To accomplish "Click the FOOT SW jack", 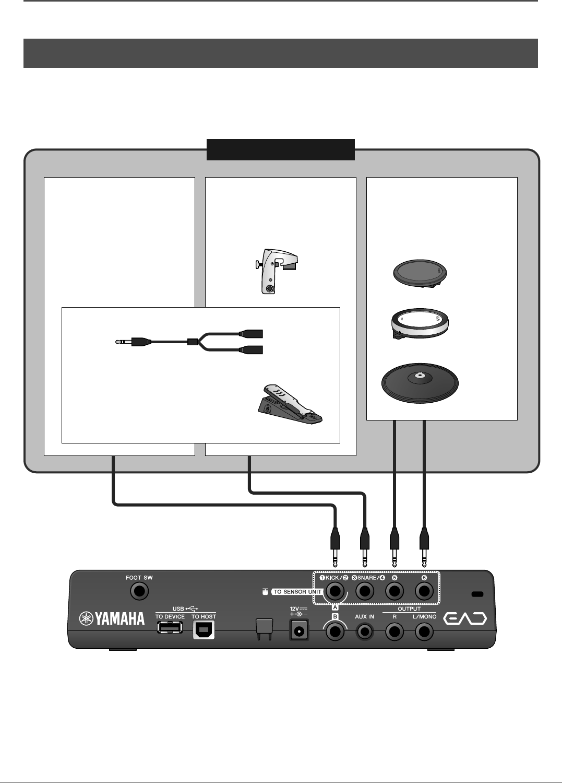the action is point(139,591).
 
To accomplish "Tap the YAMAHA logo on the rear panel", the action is point(112,619).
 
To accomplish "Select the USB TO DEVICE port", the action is point(170,628).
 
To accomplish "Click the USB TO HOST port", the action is point(204,630).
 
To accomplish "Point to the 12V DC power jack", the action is point(298,631).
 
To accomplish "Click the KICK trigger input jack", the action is point(336,592).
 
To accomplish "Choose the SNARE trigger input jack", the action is point(365,592).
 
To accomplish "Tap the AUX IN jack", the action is point(365,632).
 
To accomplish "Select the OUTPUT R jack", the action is point(394,632).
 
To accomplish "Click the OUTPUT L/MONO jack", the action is point(424,632).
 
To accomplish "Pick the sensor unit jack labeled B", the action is point(336,632).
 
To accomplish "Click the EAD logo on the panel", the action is point(465,619).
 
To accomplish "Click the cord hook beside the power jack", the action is point(263,629).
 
